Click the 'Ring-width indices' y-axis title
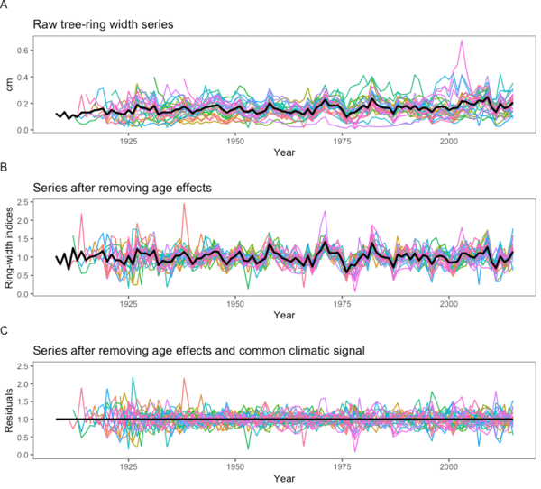click(9, 246)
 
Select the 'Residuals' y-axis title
click(9, 410)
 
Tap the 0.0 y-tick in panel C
click(20, 455)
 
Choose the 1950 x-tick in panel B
click(234, 303)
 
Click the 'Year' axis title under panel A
click(284, 153)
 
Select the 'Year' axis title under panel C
click(284, 479)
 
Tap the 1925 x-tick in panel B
click(128, 303)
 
